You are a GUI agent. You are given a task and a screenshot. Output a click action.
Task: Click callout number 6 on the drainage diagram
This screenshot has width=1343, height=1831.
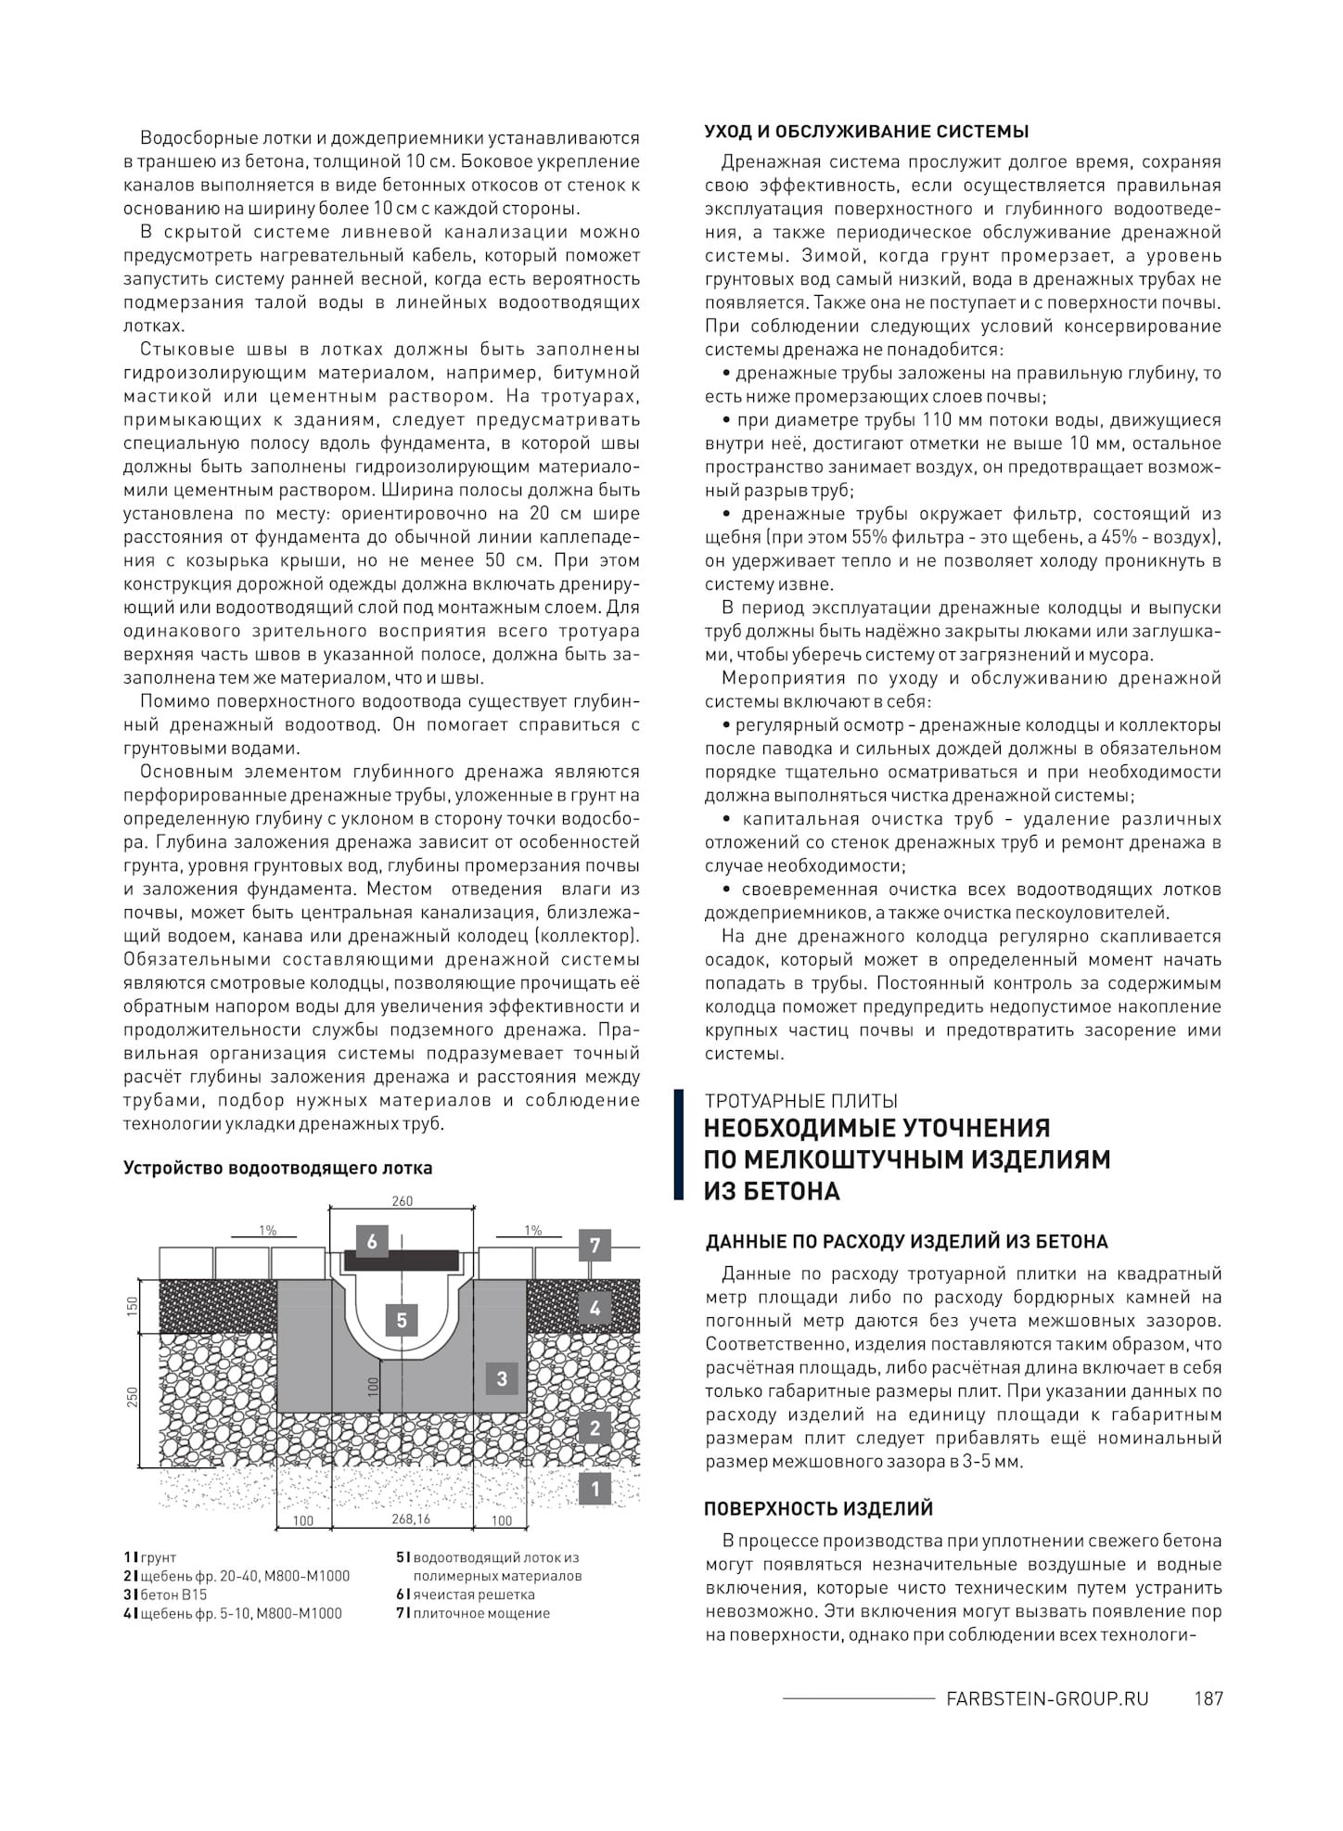tap(372, 1241)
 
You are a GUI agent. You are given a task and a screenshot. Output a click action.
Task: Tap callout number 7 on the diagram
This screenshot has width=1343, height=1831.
tap(595, 1245)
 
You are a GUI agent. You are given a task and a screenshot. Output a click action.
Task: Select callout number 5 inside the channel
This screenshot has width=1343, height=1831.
tap(402, 1319)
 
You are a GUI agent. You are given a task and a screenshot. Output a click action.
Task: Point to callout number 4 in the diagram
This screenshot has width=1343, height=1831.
tap(595, 1309)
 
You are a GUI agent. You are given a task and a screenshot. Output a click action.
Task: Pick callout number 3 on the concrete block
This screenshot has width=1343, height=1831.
tap(502, 1378)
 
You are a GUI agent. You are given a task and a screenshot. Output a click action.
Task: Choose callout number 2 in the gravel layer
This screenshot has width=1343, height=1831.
tap(595, 1428)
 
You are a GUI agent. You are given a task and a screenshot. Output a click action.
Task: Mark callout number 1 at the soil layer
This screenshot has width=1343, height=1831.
tap(595, 1489)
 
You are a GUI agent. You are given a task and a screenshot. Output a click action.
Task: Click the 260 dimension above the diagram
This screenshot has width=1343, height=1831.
tap(402, 1201)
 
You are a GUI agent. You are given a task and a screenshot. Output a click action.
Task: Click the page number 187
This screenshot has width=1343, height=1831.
tap(1209, 1698)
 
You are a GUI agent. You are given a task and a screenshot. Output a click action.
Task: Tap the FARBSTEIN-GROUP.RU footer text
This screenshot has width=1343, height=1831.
tap(1046, 1698)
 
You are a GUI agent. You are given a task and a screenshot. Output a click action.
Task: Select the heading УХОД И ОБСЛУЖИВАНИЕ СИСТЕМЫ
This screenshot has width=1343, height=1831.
tap(866, 131)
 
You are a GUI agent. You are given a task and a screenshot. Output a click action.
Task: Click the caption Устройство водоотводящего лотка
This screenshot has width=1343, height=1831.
tap(278, 1168)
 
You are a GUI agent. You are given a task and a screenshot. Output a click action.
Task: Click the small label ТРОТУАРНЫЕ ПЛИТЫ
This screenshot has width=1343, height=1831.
tap(800, 1101)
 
